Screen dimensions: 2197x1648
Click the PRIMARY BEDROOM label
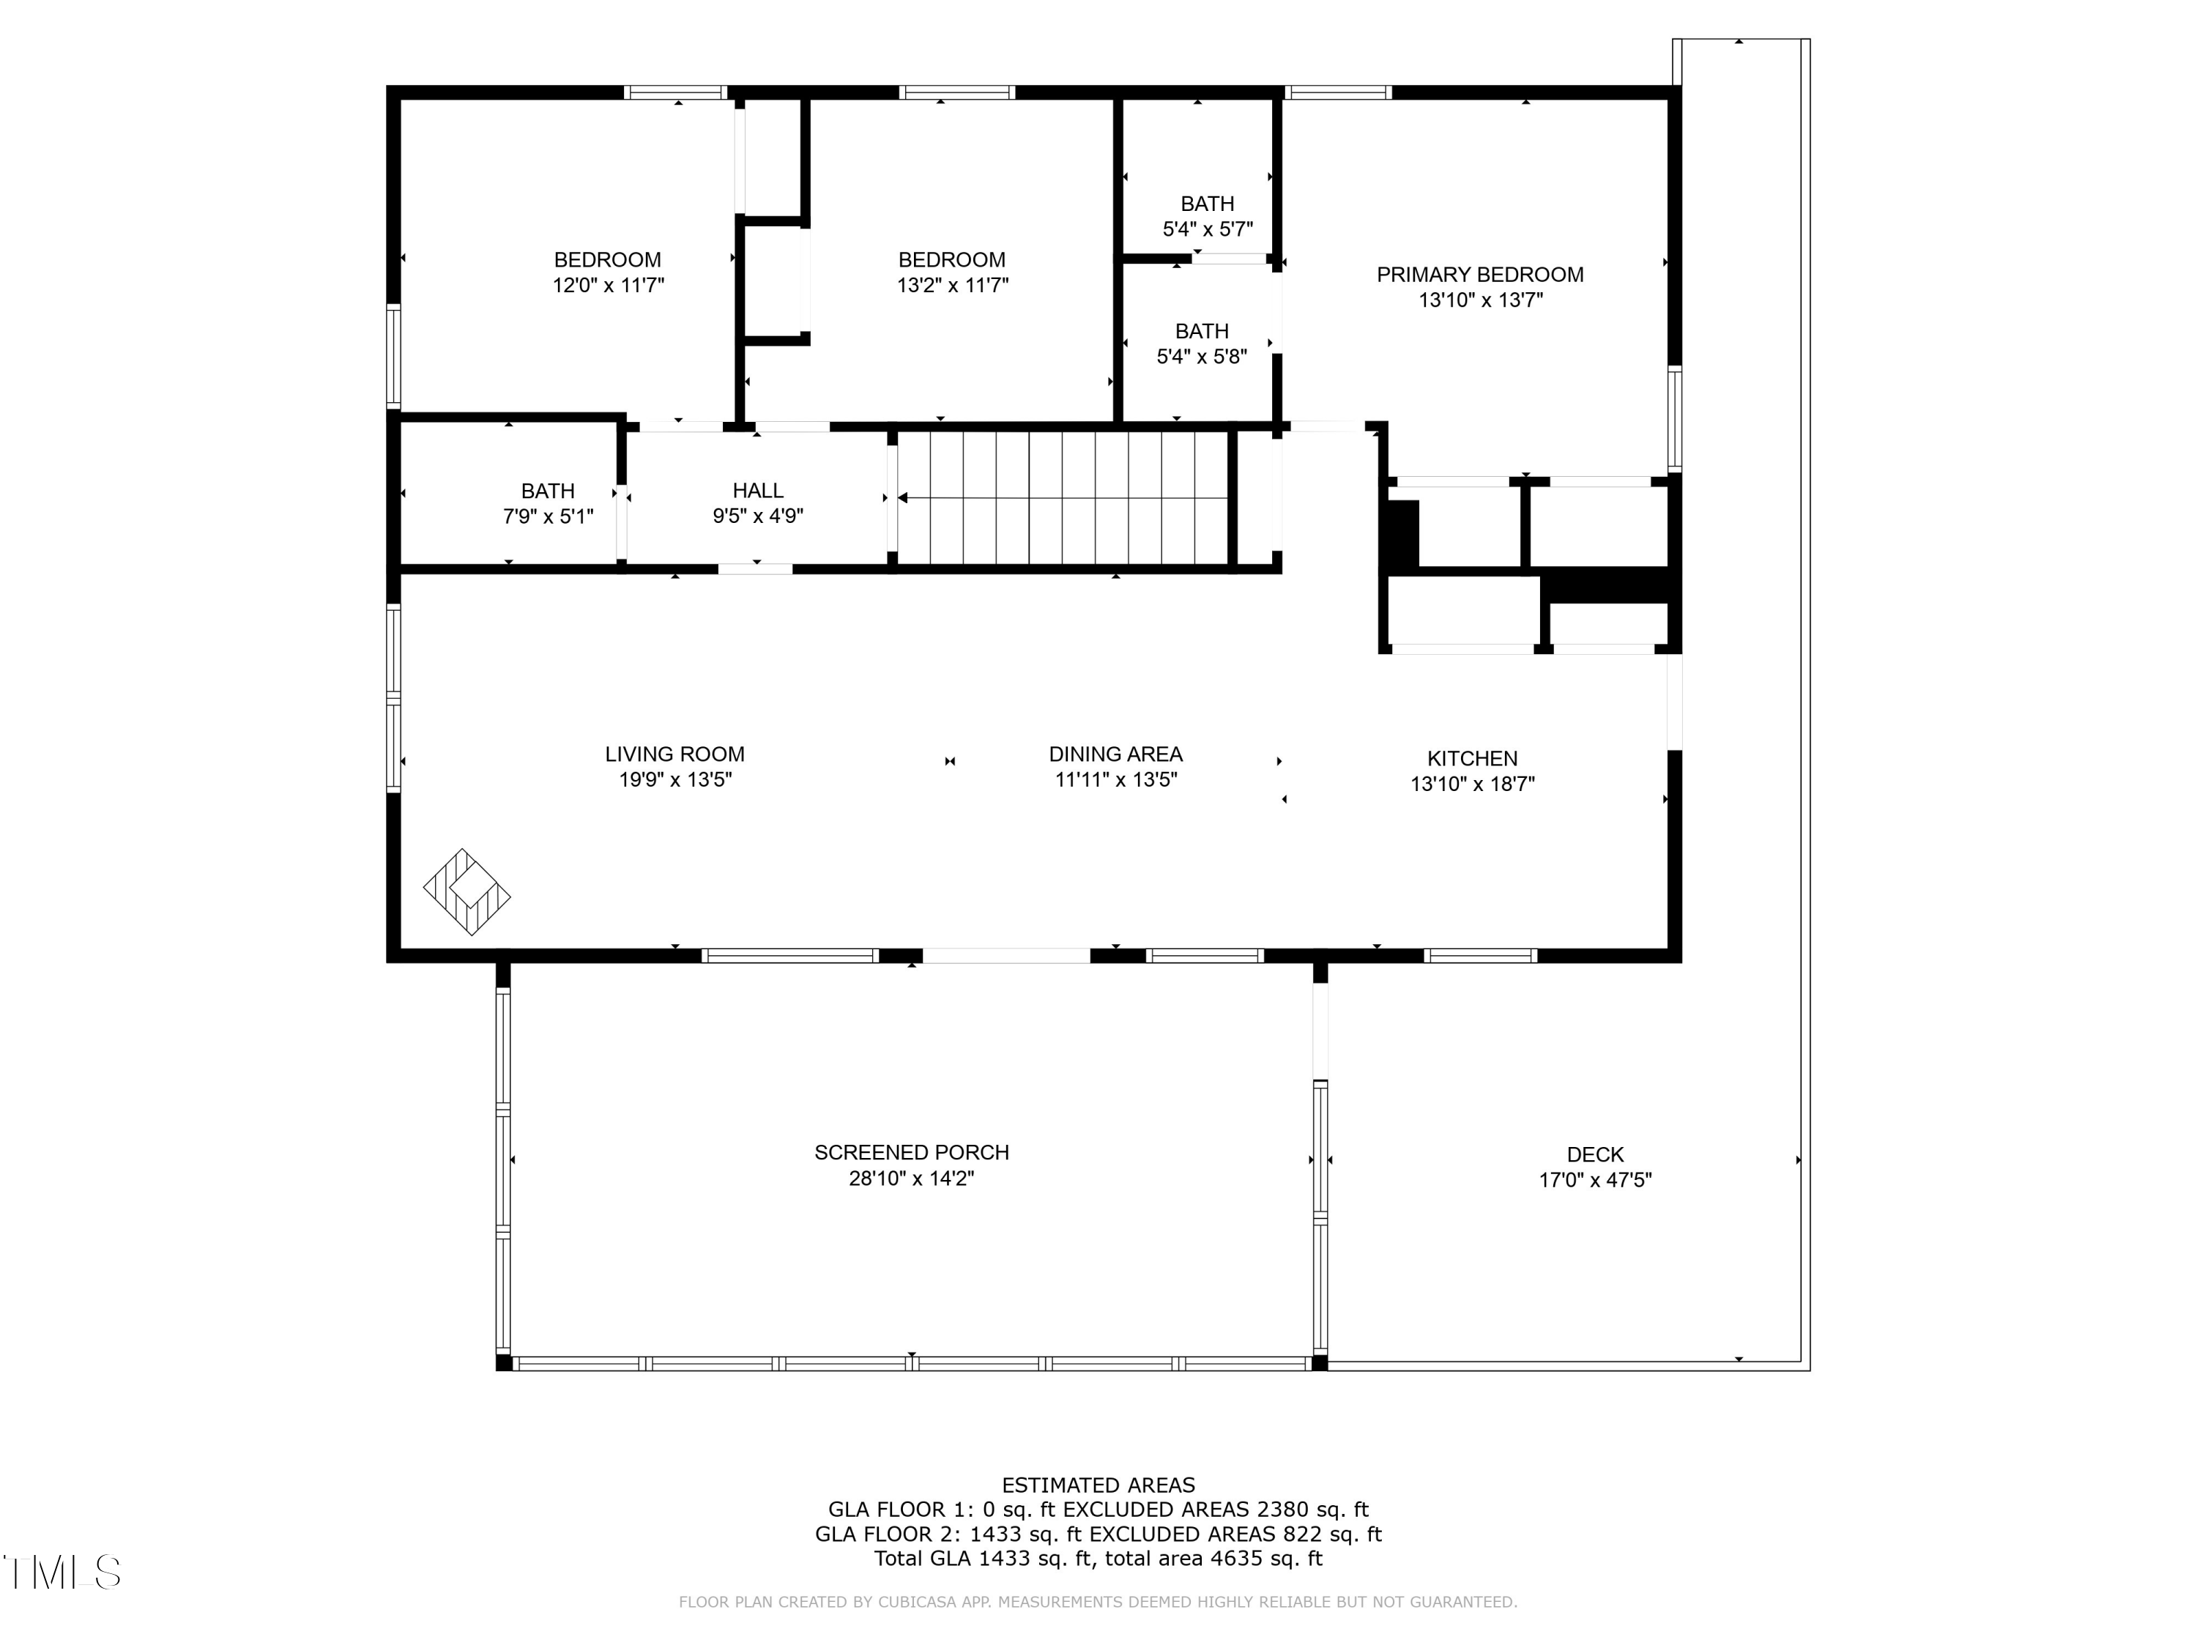1480,275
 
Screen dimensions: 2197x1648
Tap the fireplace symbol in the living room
466,891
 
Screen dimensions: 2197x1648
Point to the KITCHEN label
1472,759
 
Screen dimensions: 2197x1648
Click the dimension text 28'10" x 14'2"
912,1178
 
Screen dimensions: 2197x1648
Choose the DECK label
1595,1154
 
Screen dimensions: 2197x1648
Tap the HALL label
758,491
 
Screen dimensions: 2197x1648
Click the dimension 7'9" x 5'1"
549,516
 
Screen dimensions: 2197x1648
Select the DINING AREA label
1115,755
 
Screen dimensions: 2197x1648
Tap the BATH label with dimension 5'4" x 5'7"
1208,204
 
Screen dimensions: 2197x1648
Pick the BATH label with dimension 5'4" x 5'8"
1202,331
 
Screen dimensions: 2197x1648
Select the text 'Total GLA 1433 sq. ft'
984,1559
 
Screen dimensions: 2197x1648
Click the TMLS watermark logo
62,1572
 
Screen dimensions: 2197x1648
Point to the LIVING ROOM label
674,755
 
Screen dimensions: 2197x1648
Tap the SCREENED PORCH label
912,1152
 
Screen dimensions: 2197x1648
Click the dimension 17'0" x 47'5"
1595,1180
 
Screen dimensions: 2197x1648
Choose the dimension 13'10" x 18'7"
1472,784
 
